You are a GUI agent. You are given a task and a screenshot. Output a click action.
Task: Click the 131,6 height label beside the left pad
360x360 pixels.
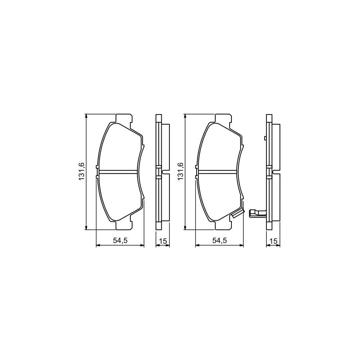(x=82, y=171)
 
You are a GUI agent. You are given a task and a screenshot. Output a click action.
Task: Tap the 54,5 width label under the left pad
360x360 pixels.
(x=120, y=241)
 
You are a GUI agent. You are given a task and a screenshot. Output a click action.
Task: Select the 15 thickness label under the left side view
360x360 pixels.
(x=163, y=241)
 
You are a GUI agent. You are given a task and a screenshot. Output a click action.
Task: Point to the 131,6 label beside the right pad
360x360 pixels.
(x=180, y=171)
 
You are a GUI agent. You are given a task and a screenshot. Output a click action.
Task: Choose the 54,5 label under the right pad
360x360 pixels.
(x=220, y=241)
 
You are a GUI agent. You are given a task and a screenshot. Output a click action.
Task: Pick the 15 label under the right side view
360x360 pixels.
(x=274, y=241)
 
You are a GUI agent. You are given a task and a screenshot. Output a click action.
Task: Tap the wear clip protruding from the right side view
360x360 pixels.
(x=256, y=213)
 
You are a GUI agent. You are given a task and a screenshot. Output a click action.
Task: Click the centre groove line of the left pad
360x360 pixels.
(x=118, y=172)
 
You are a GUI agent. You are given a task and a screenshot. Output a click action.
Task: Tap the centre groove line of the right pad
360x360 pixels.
(x=217, y=172)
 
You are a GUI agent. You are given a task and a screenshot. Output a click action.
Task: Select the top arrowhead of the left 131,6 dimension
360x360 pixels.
(x=86, y=116)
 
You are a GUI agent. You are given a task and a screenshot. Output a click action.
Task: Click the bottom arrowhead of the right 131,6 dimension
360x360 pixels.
(x=185, y=227)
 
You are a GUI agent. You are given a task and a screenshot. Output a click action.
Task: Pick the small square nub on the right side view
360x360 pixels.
(x=265, y=138)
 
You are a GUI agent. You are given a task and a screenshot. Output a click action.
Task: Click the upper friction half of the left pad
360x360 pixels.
(x=119, y=148)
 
